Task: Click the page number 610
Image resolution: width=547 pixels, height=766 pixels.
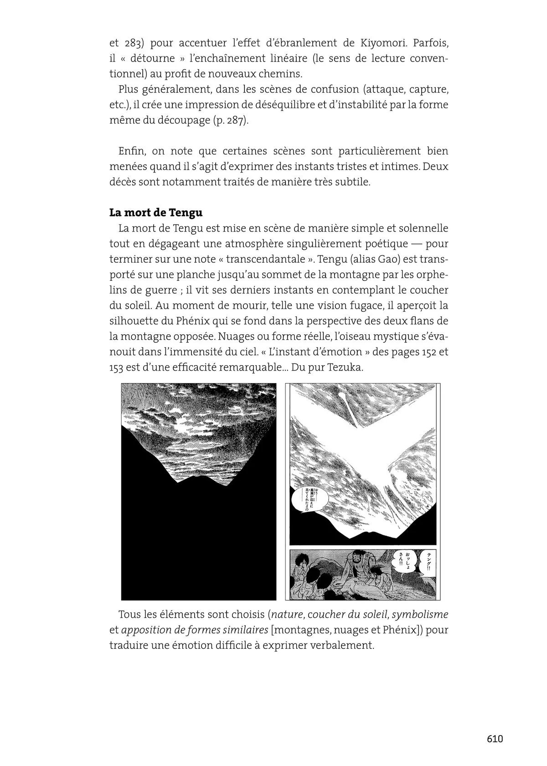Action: click(x=495, y=739)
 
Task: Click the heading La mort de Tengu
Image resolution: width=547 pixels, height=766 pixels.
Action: click(x=156, y=213)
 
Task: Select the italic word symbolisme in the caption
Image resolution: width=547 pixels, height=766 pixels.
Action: click(x=420, y=614)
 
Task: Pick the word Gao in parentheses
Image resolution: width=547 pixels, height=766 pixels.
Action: click(x=387, y=259)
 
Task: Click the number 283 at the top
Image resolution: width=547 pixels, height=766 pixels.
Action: click(x=129, y=43)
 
